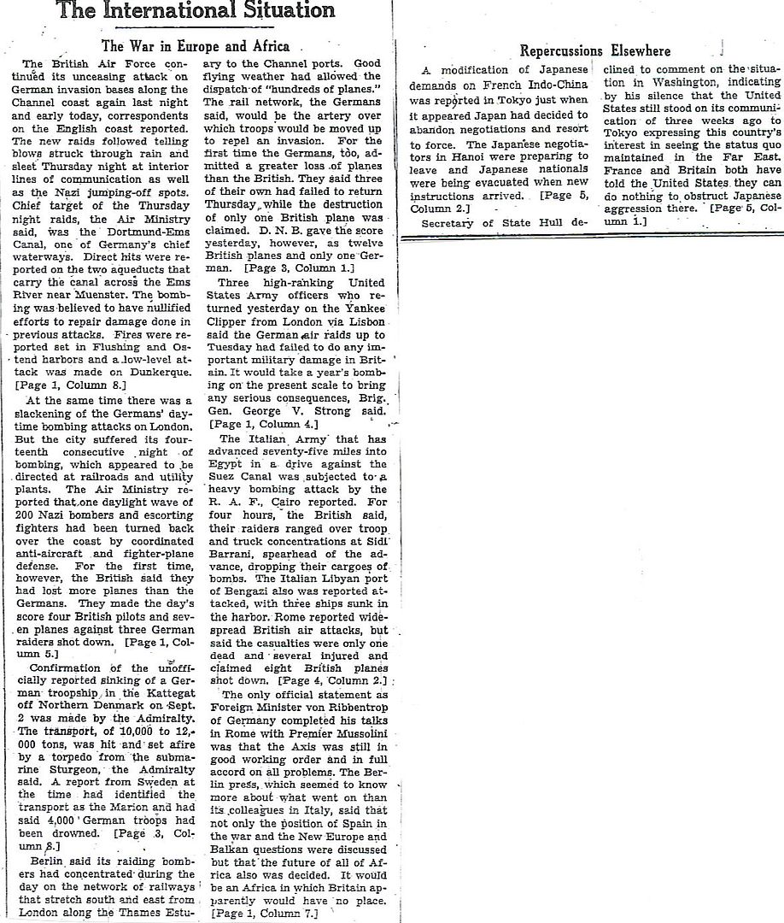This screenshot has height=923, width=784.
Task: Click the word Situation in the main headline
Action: (279, 11)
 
